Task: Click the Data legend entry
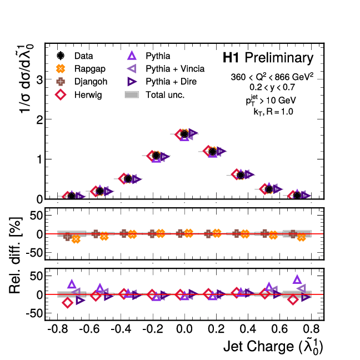pyautogui.click(x=84, y=56)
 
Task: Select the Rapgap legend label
pyautogui.click(x=86, y=69)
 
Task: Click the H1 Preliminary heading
pyautogui.click(x=268, y=58)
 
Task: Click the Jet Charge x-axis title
pyautogui.click(x=273, y=347)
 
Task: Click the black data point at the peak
pyautogui.click(x=184, y=134)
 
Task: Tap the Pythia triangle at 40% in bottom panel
pyautogui.click(x=297, y=279)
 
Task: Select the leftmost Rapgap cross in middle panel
pyautogui.click(x=76, y=239)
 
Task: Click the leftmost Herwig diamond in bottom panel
pyautogui.click(x=68, y=303)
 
